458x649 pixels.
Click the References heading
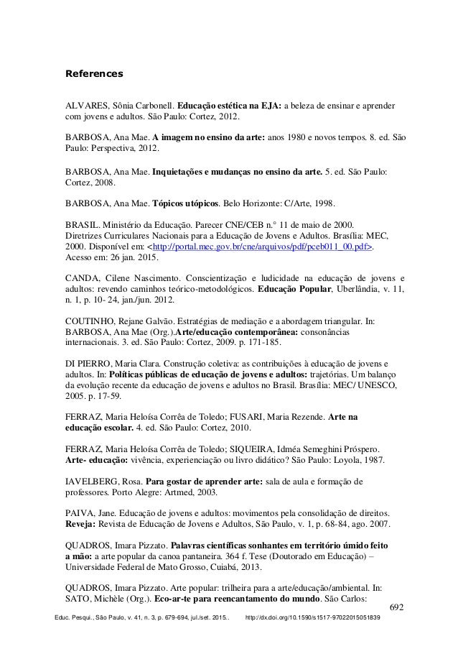(94, 73)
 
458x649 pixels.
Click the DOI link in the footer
(312, 618)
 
